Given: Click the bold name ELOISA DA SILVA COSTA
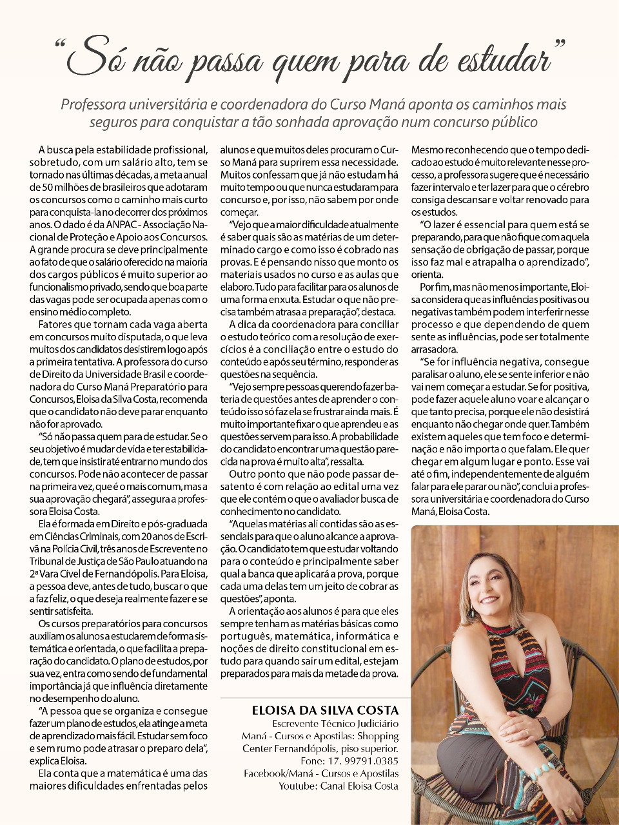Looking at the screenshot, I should click(326, 710).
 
